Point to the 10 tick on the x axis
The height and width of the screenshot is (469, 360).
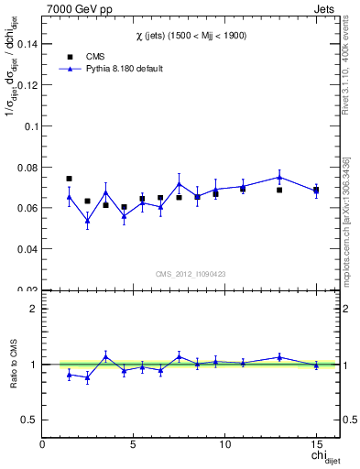(x=224, y=444)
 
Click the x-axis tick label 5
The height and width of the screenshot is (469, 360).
(x=134, y=444)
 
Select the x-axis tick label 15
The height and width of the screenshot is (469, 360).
(x=316, y=444)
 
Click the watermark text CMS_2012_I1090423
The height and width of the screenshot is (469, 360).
(x=191, y=274)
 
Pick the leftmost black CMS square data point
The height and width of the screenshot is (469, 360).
(x=69, y=179)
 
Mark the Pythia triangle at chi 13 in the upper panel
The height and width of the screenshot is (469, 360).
(x=279, y=177)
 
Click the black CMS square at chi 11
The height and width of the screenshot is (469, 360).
(x=243, y=189)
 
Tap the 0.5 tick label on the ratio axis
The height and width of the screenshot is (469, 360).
(x=28, y=420)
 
